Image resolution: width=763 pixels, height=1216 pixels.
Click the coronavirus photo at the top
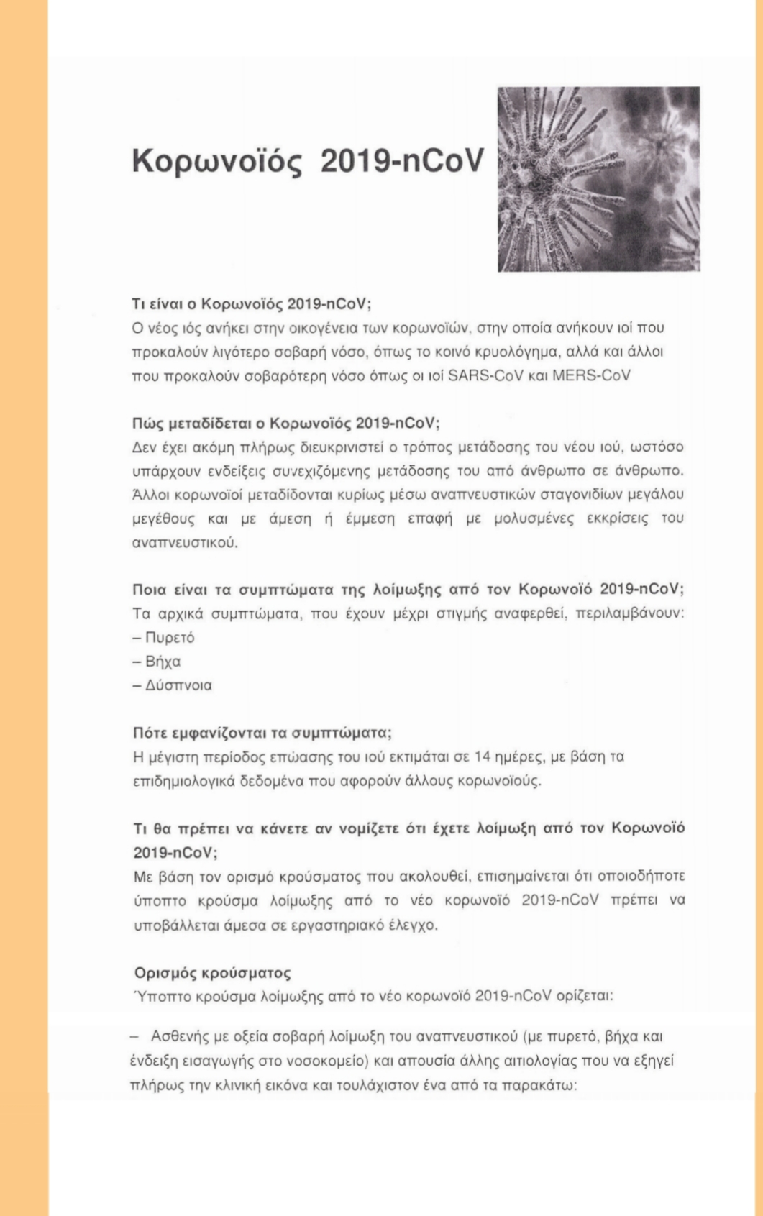(598, 179)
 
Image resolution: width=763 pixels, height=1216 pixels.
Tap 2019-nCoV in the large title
(402, 161)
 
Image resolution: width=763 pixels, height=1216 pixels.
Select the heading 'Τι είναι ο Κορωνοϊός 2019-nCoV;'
(252, 303)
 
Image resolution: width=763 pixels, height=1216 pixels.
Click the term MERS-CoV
(591, 375)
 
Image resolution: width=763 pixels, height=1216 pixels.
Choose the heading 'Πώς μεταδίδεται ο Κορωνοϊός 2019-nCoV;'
(286, 422)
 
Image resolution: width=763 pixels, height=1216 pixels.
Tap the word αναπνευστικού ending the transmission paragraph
(185, 542)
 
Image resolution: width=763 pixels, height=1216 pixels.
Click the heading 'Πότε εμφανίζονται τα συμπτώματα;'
(262, 733)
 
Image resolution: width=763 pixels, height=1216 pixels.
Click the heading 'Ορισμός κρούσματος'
(213, 973)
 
